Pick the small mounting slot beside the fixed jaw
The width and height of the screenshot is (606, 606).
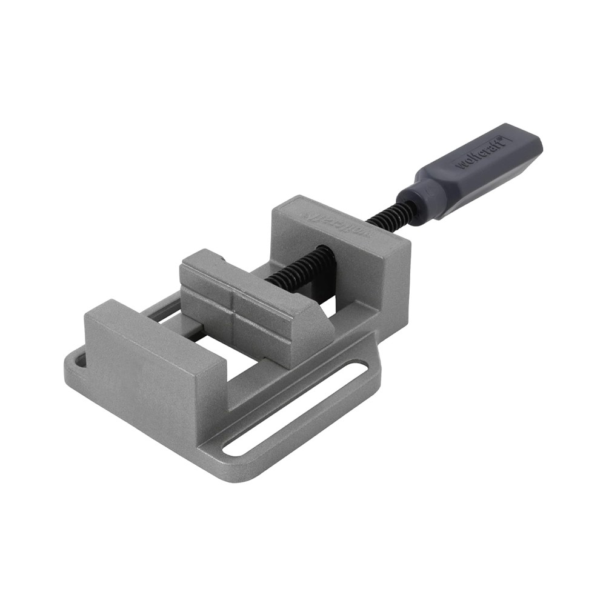tap(78, 362)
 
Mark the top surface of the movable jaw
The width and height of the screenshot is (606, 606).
tap(255, 276)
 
